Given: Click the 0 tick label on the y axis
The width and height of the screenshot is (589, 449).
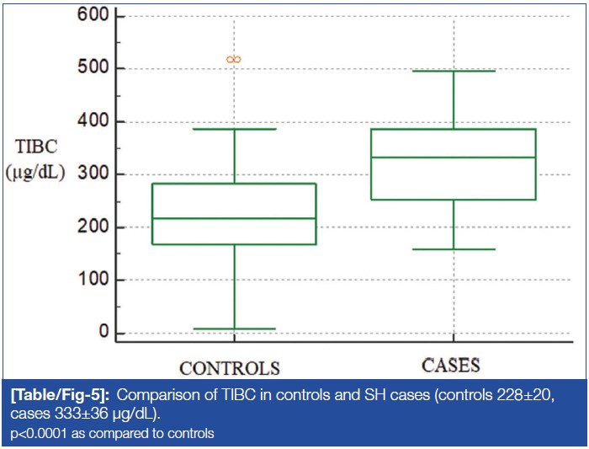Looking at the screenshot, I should [x=103, y=333].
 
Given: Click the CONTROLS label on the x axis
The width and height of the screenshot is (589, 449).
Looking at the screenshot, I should [x=229, y=368].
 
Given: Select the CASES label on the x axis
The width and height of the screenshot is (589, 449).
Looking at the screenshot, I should [x=452, y=365].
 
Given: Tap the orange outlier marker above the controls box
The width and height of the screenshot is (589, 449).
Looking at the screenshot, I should [x=234, y=59].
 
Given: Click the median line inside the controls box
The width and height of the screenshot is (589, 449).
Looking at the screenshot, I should [x=234, y=218].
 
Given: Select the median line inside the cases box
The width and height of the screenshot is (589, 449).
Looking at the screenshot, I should [x=454, y=158].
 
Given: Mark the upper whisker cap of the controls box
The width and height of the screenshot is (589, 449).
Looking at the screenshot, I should [x=234, y=129].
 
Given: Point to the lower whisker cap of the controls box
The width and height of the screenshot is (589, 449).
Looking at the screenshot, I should [x=234, y=329].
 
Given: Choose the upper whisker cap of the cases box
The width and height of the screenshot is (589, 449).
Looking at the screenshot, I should [x=454, y=71].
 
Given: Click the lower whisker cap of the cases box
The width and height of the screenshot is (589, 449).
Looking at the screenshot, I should [x=454, y=249].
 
